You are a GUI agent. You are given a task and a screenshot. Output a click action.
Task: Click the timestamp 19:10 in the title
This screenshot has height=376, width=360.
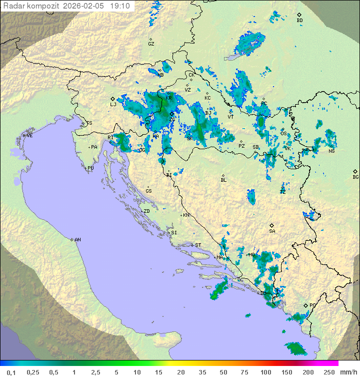point(120,6)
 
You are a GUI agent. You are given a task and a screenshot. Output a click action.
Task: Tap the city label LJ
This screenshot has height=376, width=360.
point(113,104)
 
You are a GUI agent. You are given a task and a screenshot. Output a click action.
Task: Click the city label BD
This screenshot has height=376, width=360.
point(299,21)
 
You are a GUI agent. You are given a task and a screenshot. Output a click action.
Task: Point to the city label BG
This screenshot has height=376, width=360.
point(355,177)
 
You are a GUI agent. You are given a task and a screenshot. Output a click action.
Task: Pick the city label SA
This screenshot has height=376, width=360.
point(272,231)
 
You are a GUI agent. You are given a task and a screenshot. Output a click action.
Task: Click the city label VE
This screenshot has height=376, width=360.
point(29,136)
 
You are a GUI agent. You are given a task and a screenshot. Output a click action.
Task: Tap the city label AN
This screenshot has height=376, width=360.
point(77,240)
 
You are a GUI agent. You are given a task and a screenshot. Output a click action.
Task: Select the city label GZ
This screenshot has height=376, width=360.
point(151,44)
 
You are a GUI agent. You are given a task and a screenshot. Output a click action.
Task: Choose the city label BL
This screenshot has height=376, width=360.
point(223,180)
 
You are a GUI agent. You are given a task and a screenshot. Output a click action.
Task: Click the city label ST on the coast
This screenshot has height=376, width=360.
point(198,245)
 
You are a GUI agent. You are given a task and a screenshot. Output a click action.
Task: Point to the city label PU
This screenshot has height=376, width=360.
point(90,168)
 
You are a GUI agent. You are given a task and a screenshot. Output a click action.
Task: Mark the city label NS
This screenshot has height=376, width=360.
point(331,151)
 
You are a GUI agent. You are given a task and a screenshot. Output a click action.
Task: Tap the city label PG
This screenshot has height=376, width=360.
point(312,305)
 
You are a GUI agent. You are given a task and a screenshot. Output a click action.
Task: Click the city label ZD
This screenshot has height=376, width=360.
point(146,211)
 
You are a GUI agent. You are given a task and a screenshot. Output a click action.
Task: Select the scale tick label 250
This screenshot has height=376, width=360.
point(329,372)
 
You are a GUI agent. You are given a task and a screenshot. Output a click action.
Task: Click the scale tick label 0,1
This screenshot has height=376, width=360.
point(10,372)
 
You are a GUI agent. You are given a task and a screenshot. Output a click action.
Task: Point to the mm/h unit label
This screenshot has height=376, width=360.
point(347,372)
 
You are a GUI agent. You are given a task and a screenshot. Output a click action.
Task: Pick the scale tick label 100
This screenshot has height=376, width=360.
point(265,372)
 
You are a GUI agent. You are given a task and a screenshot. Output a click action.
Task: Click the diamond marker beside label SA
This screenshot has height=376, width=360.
point(272,225)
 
